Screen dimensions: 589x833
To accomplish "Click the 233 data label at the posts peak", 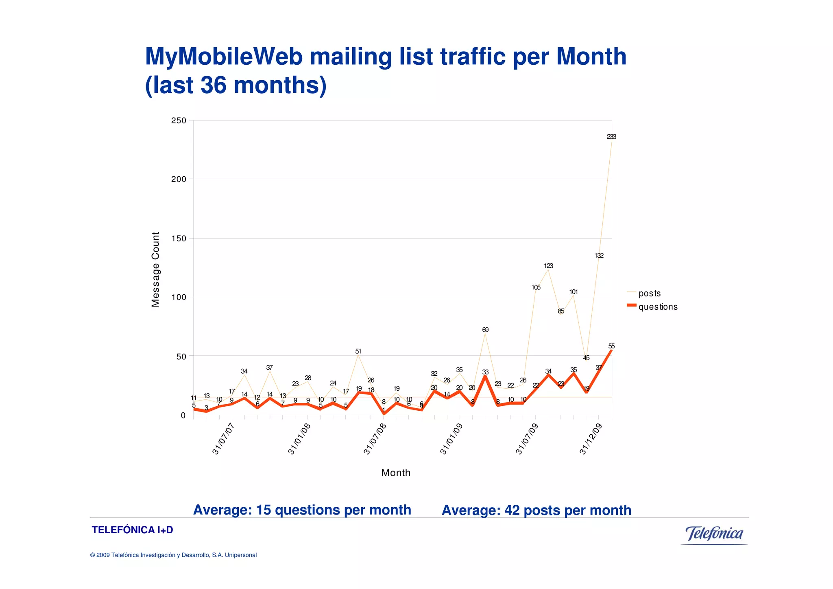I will pos(611,137).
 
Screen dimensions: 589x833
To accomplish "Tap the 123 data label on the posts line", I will pos(548,266).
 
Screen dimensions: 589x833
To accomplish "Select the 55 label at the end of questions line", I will pos(611,346).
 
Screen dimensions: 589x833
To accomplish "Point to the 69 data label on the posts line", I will pos(485,330).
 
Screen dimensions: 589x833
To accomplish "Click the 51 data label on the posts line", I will pos(358,352).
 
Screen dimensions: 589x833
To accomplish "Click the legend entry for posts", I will pos(649,293).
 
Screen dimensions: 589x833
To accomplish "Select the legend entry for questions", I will pos(658,307).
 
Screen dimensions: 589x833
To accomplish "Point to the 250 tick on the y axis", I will pos(179,120).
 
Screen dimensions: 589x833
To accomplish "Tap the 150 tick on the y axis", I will pos(179,239).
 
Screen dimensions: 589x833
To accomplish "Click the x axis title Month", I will pos(396,473).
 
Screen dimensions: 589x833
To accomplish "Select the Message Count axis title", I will pos(155,269).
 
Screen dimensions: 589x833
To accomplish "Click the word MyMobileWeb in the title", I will pos(224,57).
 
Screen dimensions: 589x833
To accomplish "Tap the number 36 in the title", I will pos(214,85).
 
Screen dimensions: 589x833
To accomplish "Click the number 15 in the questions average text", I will pos(264,510).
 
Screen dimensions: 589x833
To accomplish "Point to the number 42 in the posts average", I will pos(512,510).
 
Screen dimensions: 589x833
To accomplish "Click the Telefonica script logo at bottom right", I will pos(714,534).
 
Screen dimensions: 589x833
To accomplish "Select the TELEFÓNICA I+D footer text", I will pos(132,530).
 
